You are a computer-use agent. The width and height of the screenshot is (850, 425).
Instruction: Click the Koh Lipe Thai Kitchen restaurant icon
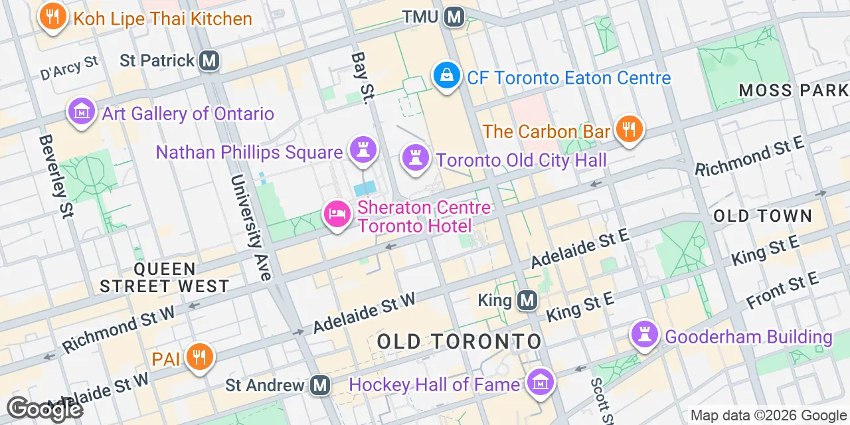(52, 16)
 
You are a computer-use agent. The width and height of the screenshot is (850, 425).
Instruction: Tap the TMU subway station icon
(454, 16)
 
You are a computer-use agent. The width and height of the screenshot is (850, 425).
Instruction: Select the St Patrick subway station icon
(210, 60)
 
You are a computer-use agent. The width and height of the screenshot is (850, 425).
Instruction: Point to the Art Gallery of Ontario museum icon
(82, 112)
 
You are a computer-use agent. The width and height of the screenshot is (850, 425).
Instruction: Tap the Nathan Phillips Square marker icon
(363, 150)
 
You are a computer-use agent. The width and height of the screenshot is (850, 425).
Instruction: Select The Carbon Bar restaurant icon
(628, 129)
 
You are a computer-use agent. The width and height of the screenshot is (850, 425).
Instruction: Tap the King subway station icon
(527, 301)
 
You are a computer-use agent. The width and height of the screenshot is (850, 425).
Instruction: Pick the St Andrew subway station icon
(321, 384)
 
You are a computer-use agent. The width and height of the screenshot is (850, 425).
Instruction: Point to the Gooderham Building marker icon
(644, 335)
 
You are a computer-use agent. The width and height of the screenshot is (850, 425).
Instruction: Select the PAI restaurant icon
(197, 357)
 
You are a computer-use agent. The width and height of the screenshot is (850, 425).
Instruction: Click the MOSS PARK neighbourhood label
(793, 90)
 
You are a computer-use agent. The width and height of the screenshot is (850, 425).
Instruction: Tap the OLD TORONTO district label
(460, 342)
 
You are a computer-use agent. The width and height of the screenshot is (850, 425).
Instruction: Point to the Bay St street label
(361, 78)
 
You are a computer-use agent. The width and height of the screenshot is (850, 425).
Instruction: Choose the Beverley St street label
(56, 175)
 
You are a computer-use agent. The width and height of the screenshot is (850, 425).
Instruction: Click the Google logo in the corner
(44, 409)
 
